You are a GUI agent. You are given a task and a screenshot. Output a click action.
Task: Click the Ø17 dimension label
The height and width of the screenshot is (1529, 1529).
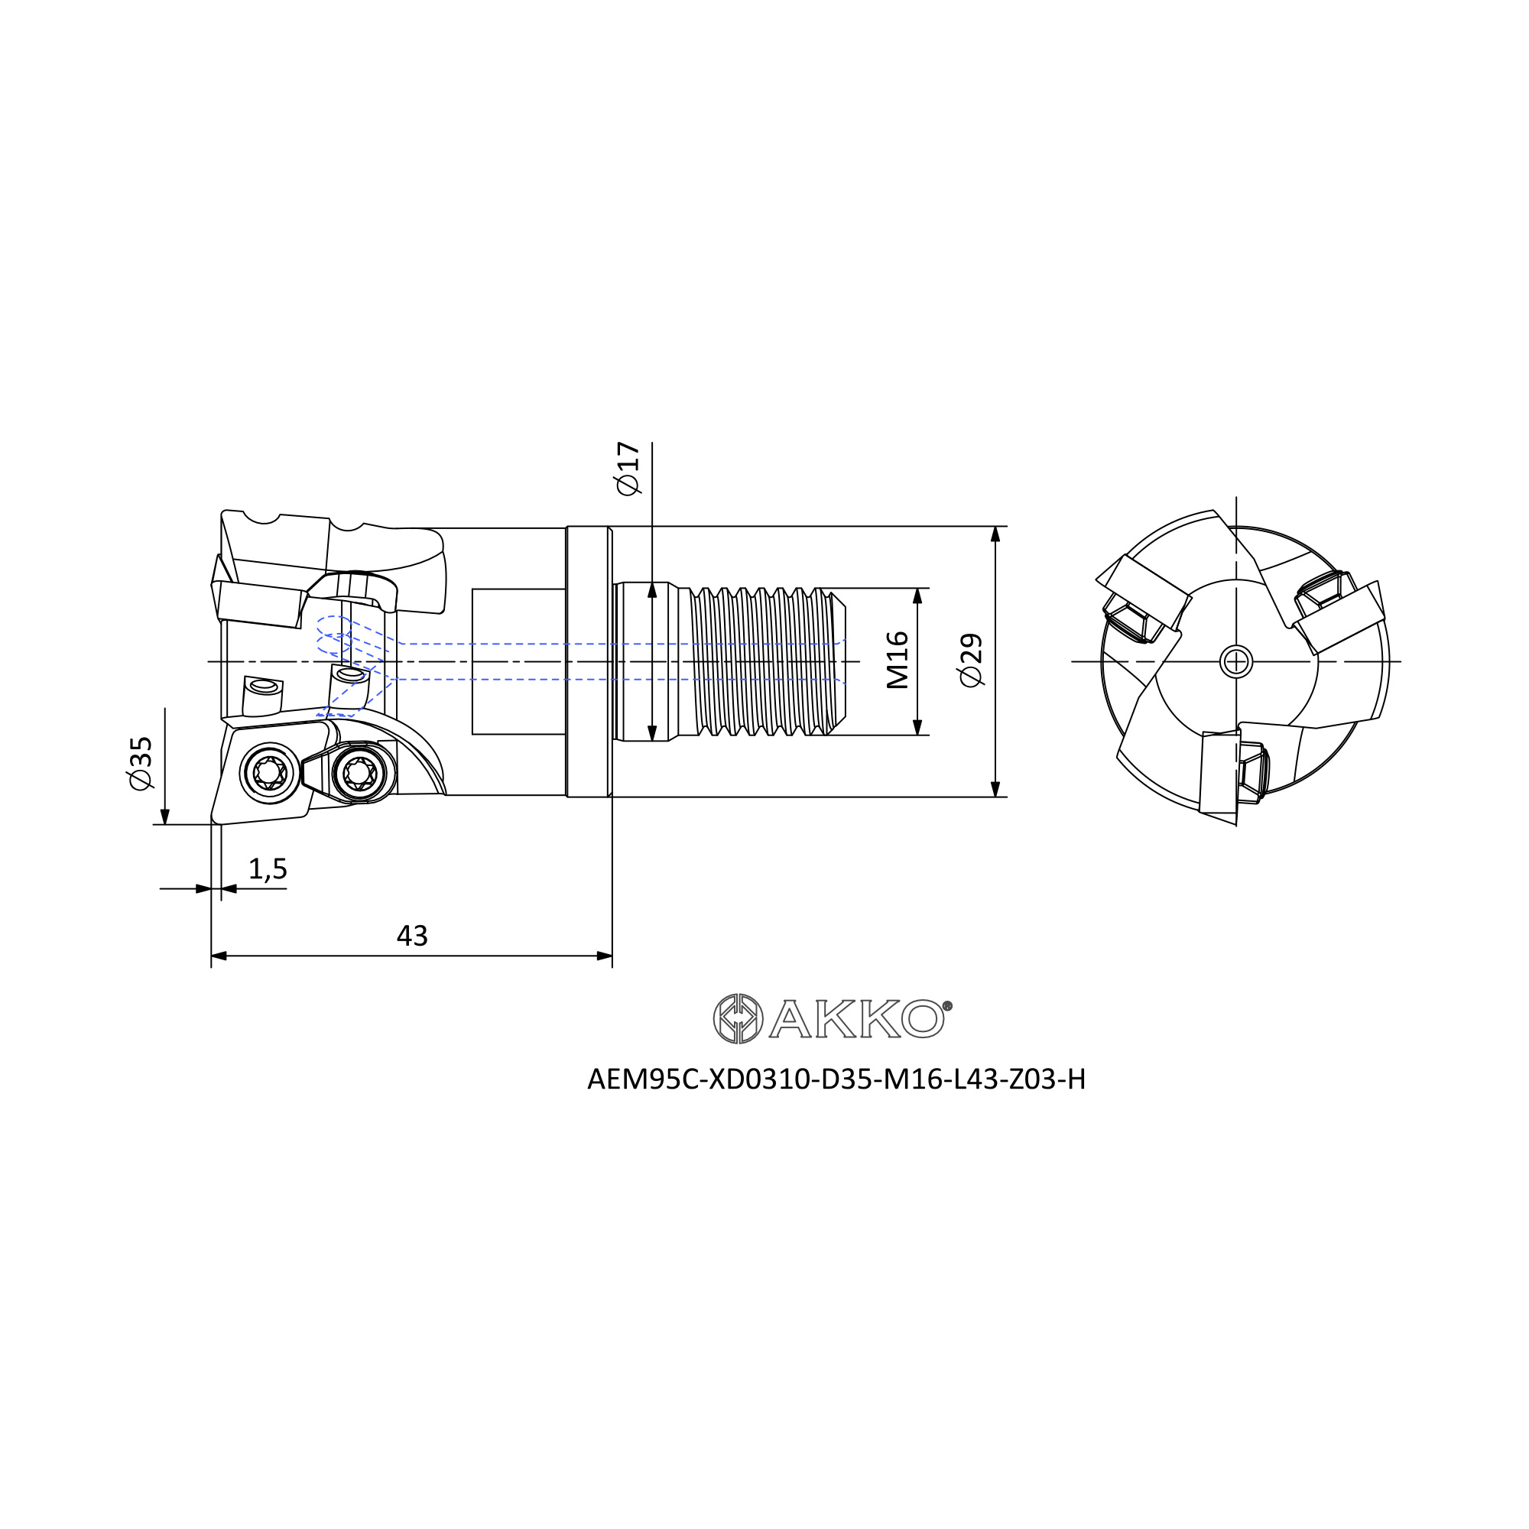(628, 469)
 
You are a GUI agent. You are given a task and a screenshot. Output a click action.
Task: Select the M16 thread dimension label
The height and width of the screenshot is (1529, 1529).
(897, 661)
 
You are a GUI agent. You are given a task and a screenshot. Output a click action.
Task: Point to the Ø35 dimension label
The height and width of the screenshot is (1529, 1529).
(139, 763)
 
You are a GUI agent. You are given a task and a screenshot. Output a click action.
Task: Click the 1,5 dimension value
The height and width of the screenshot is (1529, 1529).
(268, 869)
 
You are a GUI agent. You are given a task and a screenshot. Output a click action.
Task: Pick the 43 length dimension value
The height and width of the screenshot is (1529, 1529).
(411, 937)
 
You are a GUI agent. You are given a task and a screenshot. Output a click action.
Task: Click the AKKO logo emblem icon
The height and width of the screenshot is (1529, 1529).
(738, 1018)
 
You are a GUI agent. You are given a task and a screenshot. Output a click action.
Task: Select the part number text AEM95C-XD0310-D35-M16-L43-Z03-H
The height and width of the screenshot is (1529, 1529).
(836, 1079)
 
